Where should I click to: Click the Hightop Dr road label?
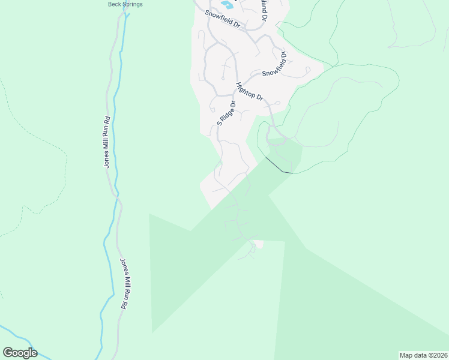tap(250, 91)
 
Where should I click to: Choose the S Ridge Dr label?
tap(227, 112)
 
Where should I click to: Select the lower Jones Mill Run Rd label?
tap(124, 284)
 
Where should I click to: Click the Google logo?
tap(20, 353)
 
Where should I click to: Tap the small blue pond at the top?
tap(227, 5)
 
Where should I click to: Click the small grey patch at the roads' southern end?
tap(258, 244)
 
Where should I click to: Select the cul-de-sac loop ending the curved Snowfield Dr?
tap(308, 70)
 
